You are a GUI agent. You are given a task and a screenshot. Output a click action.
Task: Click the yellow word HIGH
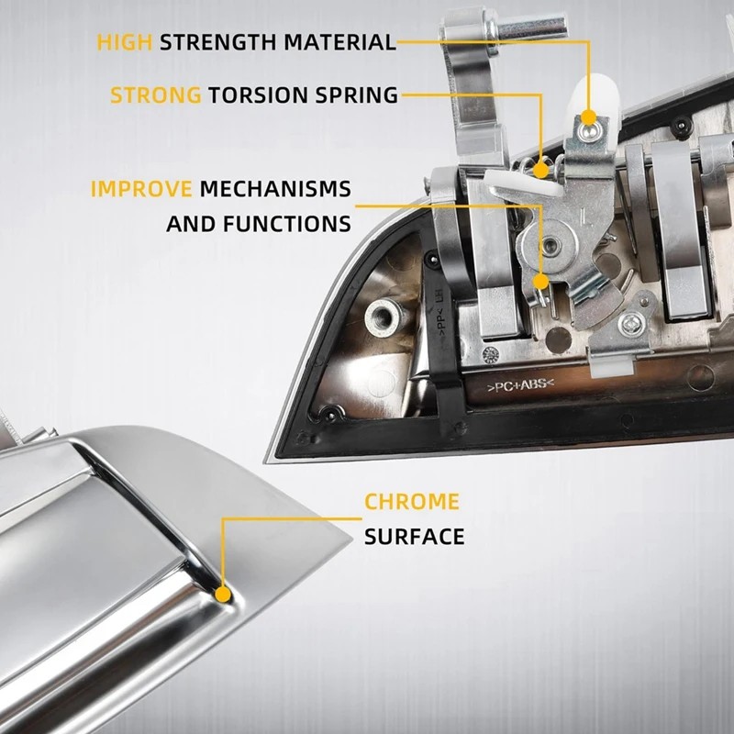click(125, 42)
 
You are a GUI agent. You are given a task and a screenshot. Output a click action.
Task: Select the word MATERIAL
click(340, 42)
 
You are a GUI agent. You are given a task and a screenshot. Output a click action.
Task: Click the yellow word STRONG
click(156, 95)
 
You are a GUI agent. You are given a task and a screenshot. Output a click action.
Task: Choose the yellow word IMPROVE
click(141, 189)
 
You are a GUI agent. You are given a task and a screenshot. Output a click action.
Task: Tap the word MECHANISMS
click(275, 189)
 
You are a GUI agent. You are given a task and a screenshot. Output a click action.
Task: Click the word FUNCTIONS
click(287, 224)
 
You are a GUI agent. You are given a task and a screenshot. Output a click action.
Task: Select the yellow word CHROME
click(412, 502)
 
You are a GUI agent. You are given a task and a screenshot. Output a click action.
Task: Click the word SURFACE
click(415, 537)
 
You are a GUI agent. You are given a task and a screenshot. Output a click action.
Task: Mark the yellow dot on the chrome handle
click(223, 595)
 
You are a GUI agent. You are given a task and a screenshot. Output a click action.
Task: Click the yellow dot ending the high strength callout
click(589, 117)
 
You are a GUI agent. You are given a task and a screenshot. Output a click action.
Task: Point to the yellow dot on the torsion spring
click(541, 170)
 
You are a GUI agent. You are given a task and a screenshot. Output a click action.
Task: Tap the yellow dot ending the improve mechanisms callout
click(541, 282)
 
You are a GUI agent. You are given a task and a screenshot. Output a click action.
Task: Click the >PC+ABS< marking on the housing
click(520, 385)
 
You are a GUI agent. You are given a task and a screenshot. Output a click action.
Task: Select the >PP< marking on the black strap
click(441, 320)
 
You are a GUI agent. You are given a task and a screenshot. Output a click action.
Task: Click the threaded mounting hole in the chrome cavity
click(383, 317)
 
